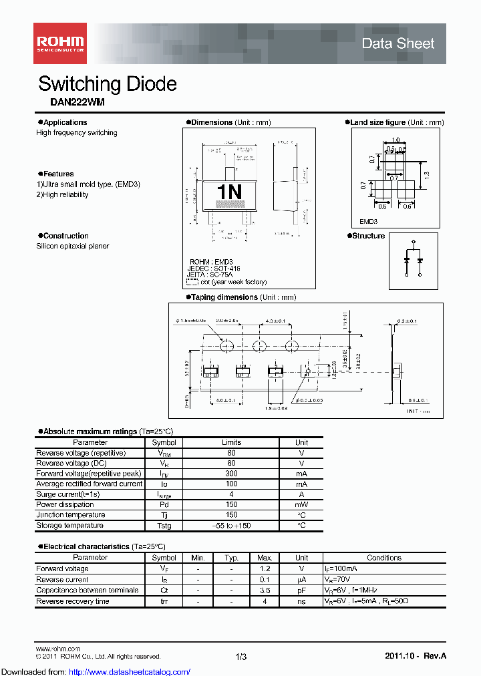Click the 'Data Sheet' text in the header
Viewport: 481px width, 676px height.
397,44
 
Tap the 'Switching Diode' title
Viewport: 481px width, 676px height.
108,84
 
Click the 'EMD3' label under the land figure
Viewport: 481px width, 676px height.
369,221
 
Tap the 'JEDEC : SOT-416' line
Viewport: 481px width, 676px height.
214,268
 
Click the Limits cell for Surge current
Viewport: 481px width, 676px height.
231,494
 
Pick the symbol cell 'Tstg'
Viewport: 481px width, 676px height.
164,526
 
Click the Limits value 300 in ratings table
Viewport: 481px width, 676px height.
231,474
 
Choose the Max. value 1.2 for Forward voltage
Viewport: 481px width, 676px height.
265,569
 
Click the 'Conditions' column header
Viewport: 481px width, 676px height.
384,558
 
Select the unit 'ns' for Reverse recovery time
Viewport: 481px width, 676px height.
301,601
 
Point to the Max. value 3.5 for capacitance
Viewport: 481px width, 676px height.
265,590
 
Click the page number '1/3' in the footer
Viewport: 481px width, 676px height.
241,657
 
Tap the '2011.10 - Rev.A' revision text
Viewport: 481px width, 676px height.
415,657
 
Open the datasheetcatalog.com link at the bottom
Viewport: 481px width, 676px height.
96,671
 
